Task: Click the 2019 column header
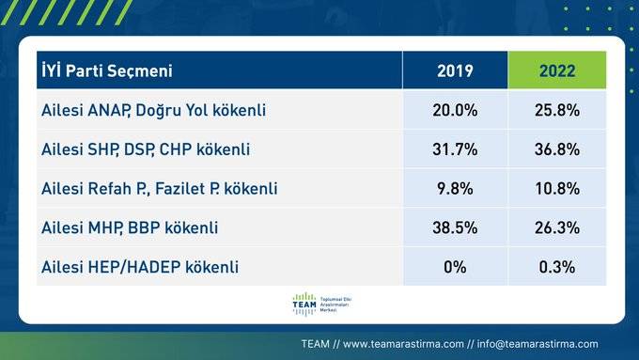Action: (455, 71)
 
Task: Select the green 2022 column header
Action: (557, 71)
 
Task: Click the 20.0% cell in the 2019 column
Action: (455, 110)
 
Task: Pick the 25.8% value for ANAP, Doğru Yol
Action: (557, 110)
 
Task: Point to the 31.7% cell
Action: (455, 149)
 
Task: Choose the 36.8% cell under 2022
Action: (557, 149)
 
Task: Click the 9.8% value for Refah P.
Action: (455, 189)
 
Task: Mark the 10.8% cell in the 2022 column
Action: (557, 189)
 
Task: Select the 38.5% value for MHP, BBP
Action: (455, 227)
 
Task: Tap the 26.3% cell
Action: (557, 227)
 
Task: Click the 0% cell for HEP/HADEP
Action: (455, 267)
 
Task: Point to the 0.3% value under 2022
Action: (557, 267)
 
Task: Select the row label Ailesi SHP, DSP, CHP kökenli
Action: (147, 149)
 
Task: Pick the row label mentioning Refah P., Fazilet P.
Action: (160, 189)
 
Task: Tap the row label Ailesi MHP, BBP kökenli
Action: (130, 227)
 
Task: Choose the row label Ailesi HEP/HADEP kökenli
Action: (140, 267)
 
